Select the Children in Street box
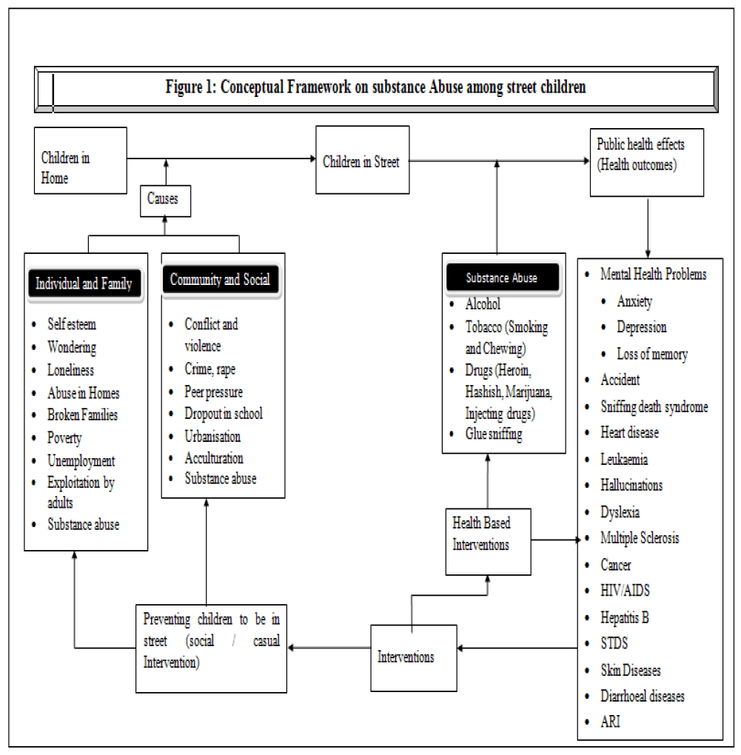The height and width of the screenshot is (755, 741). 361,161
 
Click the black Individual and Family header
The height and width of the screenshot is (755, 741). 84,283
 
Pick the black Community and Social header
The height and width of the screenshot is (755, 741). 220,280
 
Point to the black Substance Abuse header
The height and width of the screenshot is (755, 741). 501,278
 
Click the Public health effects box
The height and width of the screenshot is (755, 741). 646,162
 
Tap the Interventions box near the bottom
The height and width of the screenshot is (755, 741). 412,657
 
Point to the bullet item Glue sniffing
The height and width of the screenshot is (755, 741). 493,434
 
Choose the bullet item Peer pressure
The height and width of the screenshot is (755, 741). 213,392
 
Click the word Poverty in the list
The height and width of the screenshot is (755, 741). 64,438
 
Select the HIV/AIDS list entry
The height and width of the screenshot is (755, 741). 626,591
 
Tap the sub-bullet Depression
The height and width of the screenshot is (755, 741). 642,327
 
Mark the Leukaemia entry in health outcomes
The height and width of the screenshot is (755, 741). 624,459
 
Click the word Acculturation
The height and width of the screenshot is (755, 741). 214,458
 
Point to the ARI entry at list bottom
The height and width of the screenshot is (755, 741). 611,721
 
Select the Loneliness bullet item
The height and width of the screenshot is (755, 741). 70,370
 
